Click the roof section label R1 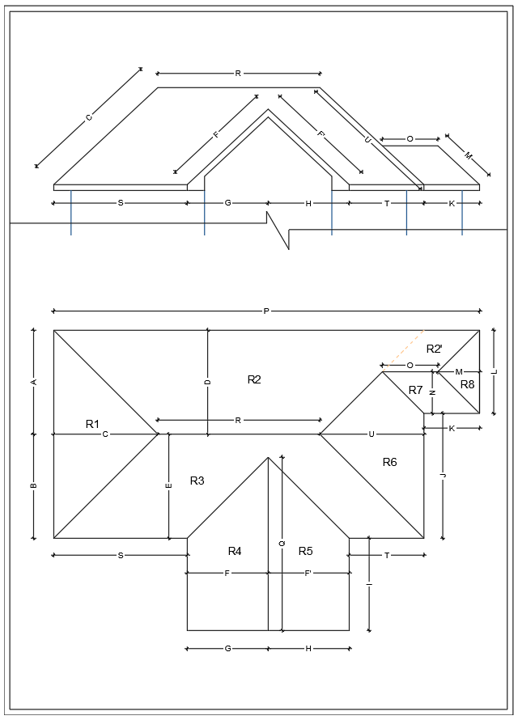92,424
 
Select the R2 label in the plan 254,379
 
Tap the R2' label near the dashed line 435,349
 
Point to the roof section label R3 197,481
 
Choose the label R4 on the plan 235,551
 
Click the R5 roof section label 305,551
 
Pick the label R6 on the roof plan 389,461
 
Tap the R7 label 415,390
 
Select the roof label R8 467,384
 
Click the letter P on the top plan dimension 266,311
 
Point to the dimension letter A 34,380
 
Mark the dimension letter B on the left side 34,485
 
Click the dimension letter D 208,380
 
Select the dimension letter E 168,485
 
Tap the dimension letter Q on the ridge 282,544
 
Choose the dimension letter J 443,476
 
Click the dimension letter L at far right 494,371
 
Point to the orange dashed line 405,349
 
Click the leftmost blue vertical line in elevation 71,213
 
